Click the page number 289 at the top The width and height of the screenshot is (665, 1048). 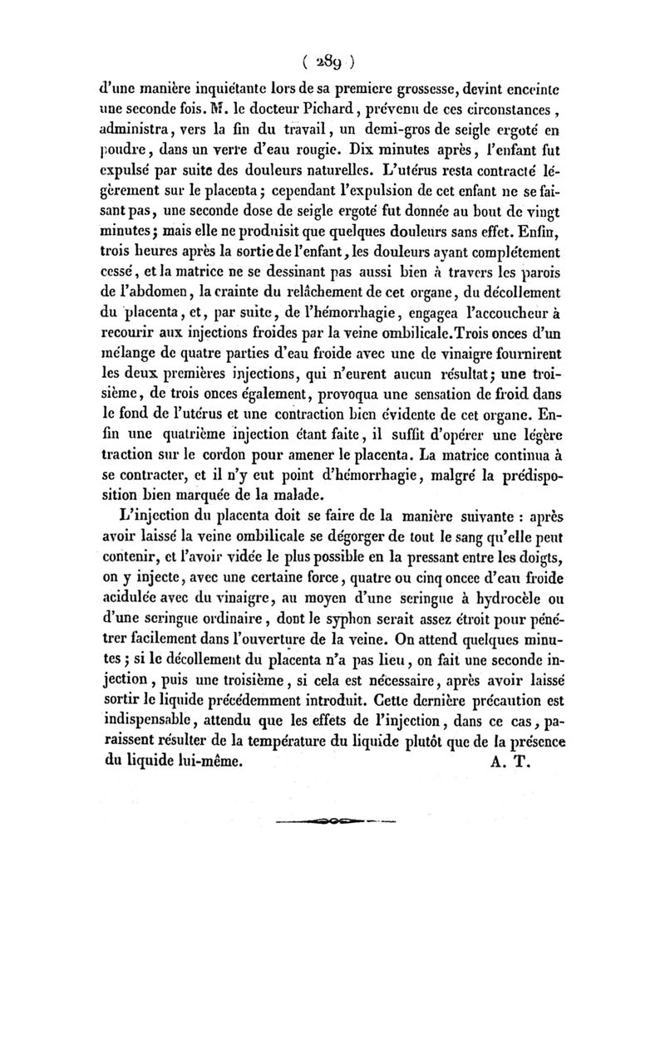331,59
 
